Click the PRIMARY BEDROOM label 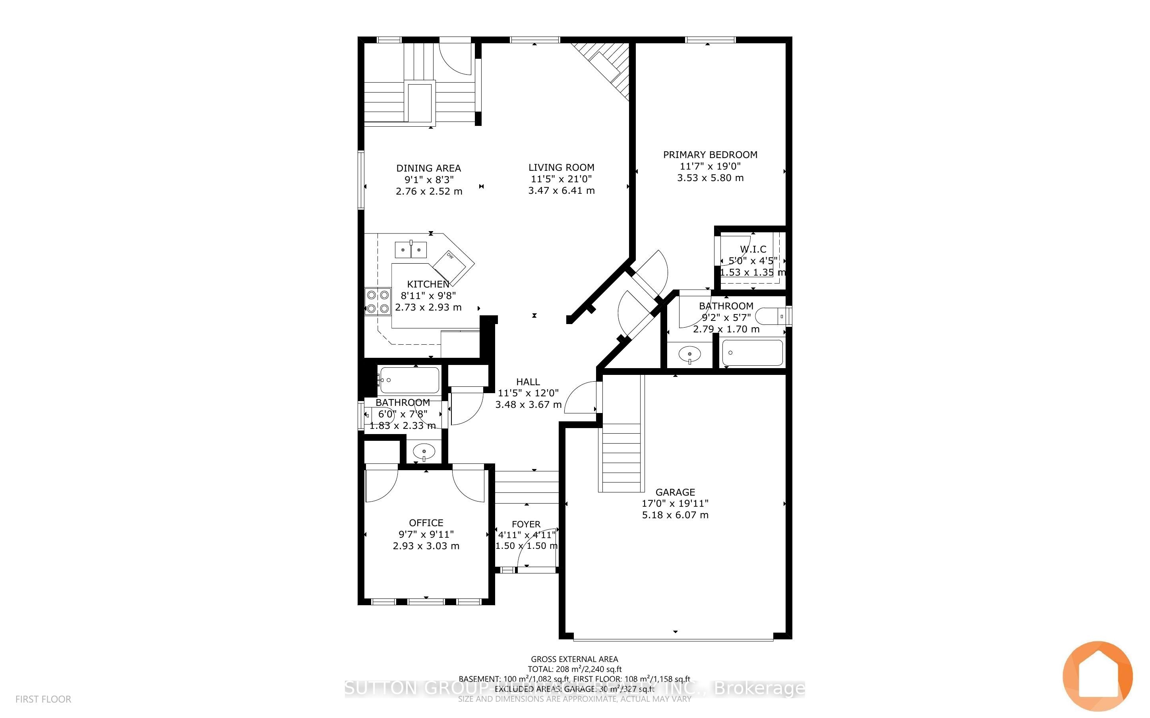coord(710,155)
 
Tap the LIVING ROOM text coord(561,168)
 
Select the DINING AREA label coord(428,168)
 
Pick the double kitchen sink coord(411,250)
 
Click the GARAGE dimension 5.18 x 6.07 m coord(675,515)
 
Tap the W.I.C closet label coord(753,249)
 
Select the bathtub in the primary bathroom coord(752,353)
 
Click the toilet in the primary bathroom coord(772,316)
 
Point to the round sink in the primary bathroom coord(689,354)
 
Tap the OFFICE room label coord(426,523)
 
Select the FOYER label coord(526,524)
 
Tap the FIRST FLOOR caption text coord(43,699)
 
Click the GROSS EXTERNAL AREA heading coord(574,659)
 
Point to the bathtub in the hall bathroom coord(409,380)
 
